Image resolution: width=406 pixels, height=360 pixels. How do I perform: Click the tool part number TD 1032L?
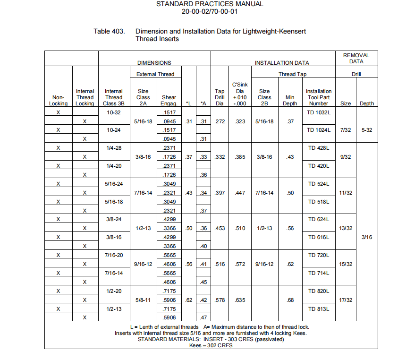coord(319,112)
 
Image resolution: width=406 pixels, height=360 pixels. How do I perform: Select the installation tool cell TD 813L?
coord(319,309)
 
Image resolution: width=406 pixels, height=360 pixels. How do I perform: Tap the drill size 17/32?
coord(346,300)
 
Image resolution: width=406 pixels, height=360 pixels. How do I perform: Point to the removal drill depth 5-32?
coord(367,130)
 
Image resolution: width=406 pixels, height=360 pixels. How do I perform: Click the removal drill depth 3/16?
coord(367,237)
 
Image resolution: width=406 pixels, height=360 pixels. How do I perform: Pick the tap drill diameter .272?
coord(220,121)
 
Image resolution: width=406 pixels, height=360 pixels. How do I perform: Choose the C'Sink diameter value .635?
coord(240,300)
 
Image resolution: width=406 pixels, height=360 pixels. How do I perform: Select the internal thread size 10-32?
coord(113,112)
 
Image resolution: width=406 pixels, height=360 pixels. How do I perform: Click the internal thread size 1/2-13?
coord(113,309)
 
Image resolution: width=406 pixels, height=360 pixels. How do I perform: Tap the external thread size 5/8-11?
coord(143,300)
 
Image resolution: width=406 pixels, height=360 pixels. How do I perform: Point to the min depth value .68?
coord(290,300)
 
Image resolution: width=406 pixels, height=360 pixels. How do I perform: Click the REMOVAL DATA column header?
coord(356,58)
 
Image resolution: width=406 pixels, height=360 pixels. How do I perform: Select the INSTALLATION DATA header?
coord(282,63)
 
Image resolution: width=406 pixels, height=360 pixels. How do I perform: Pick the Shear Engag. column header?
coord(169,100)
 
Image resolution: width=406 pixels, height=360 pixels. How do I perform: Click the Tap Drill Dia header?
coord(220,97)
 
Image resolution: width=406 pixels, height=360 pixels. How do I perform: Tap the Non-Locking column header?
coord(59,100)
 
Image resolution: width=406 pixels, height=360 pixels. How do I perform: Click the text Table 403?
coord(109,32)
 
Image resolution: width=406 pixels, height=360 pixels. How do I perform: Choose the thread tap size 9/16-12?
coord(264,264)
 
